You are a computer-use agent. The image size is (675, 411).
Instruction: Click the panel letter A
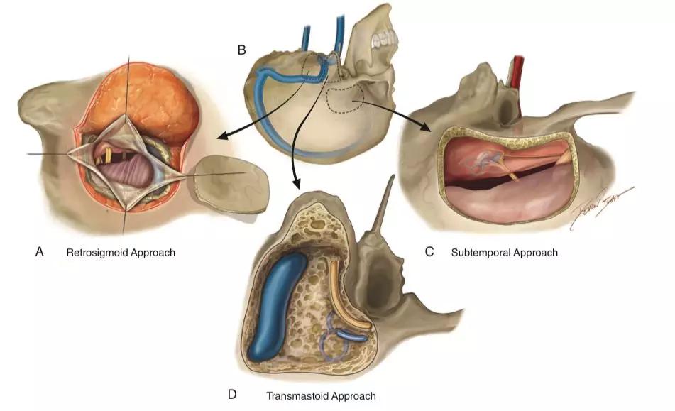[x=40, y=251]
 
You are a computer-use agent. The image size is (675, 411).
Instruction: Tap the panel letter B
[x=242, y=50]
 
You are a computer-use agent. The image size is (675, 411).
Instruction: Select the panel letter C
[x=429, y=252]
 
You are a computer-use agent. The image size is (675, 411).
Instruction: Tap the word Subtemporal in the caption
[x=479, y=253]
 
